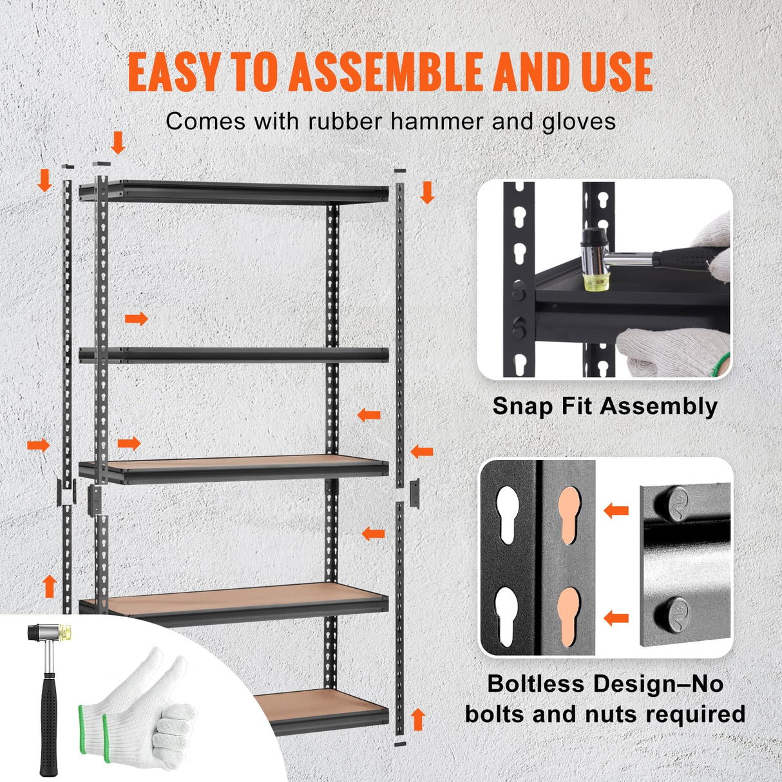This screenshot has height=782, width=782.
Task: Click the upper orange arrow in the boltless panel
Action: tap(616, 511)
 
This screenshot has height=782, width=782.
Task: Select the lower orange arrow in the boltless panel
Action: tap(616, 618)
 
